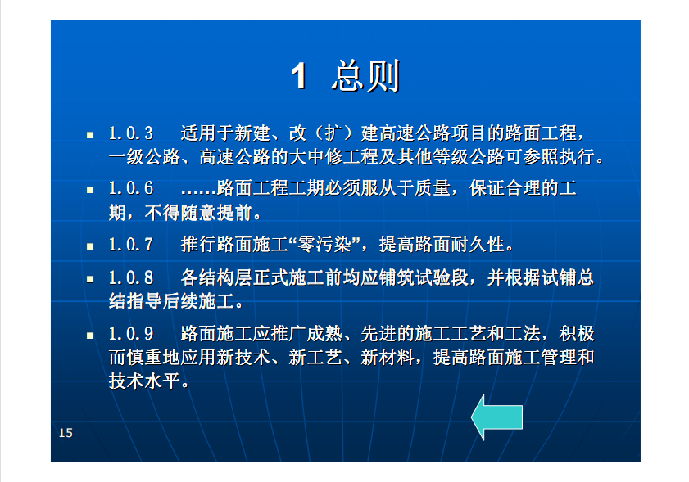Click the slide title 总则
(365, 76)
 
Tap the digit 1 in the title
(299, 76)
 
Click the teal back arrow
(497, 417)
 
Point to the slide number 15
(66, 433)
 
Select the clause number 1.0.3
(131, 133)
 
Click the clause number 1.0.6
(131, 188)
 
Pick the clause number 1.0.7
(131, 245)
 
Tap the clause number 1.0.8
(131, 278)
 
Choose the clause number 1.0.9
(131, 334)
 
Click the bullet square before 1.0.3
(90, 135)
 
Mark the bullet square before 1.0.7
(90, 246)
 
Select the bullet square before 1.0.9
(90, 336)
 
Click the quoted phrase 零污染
(324, 245)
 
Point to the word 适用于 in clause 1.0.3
(207, 133)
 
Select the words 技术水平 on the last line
(144, 381)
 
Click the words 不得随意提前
(198, 213)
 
